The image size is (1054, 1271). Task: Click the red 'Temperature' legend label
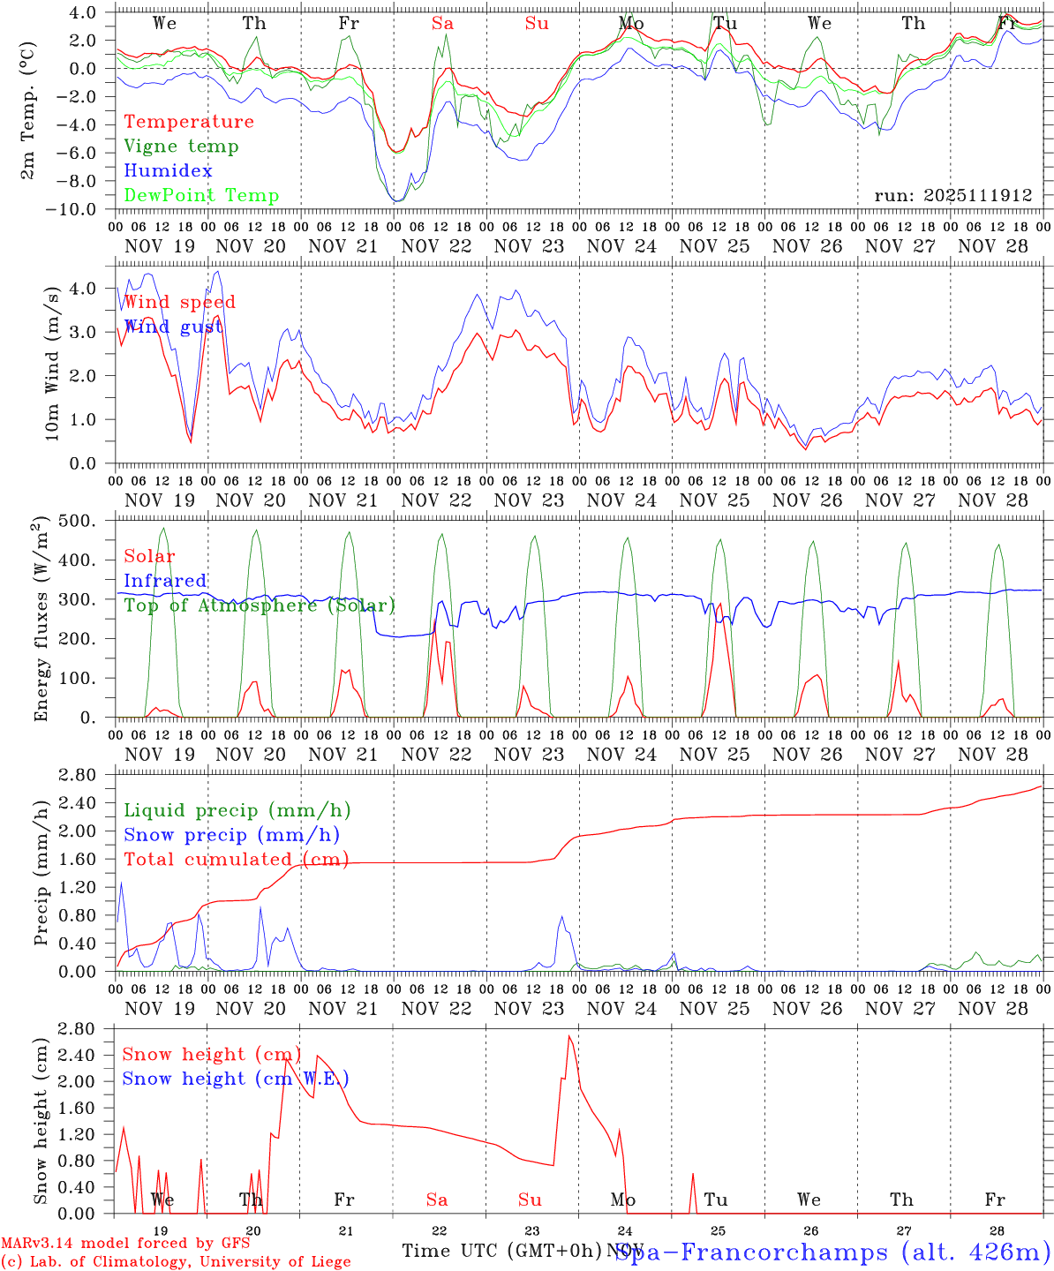point(188,122)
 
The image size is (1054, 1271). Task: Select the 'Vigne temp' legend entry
point(181,147)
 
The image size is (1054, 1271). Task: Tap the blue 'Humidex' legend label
point(168,171)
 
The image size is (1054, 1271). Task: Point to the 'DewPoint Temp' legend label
point(201,196)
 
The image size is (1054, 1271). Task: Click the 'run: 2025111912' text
point(952,196)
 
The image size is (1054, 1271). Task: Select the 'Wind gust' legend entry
point(173,327)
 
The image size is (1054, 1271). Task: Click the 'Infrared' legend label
point(165,581)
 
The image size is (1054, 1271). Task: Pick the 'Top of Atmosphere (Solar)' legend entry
point(260,605)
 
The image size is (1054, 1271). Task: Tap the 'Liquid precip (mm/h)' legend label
point(237,810)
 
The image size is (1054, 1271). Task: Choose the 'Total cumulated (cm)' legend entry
point(236,860)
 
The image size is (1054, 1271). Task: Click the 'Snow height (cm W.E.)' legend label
point(235,1079)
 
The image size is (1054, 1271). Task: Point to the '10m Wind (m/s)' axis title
point(53,363)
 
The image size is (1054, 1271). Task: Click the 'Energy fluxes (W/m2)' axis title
point(41,620)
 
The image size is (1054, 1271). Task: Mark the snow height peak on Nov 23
point(569,1036)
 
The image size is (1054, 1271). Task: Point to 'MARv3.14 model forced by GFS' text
point(124,1244)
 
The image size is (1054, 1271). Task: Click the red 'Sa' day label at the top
point(442,24)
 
